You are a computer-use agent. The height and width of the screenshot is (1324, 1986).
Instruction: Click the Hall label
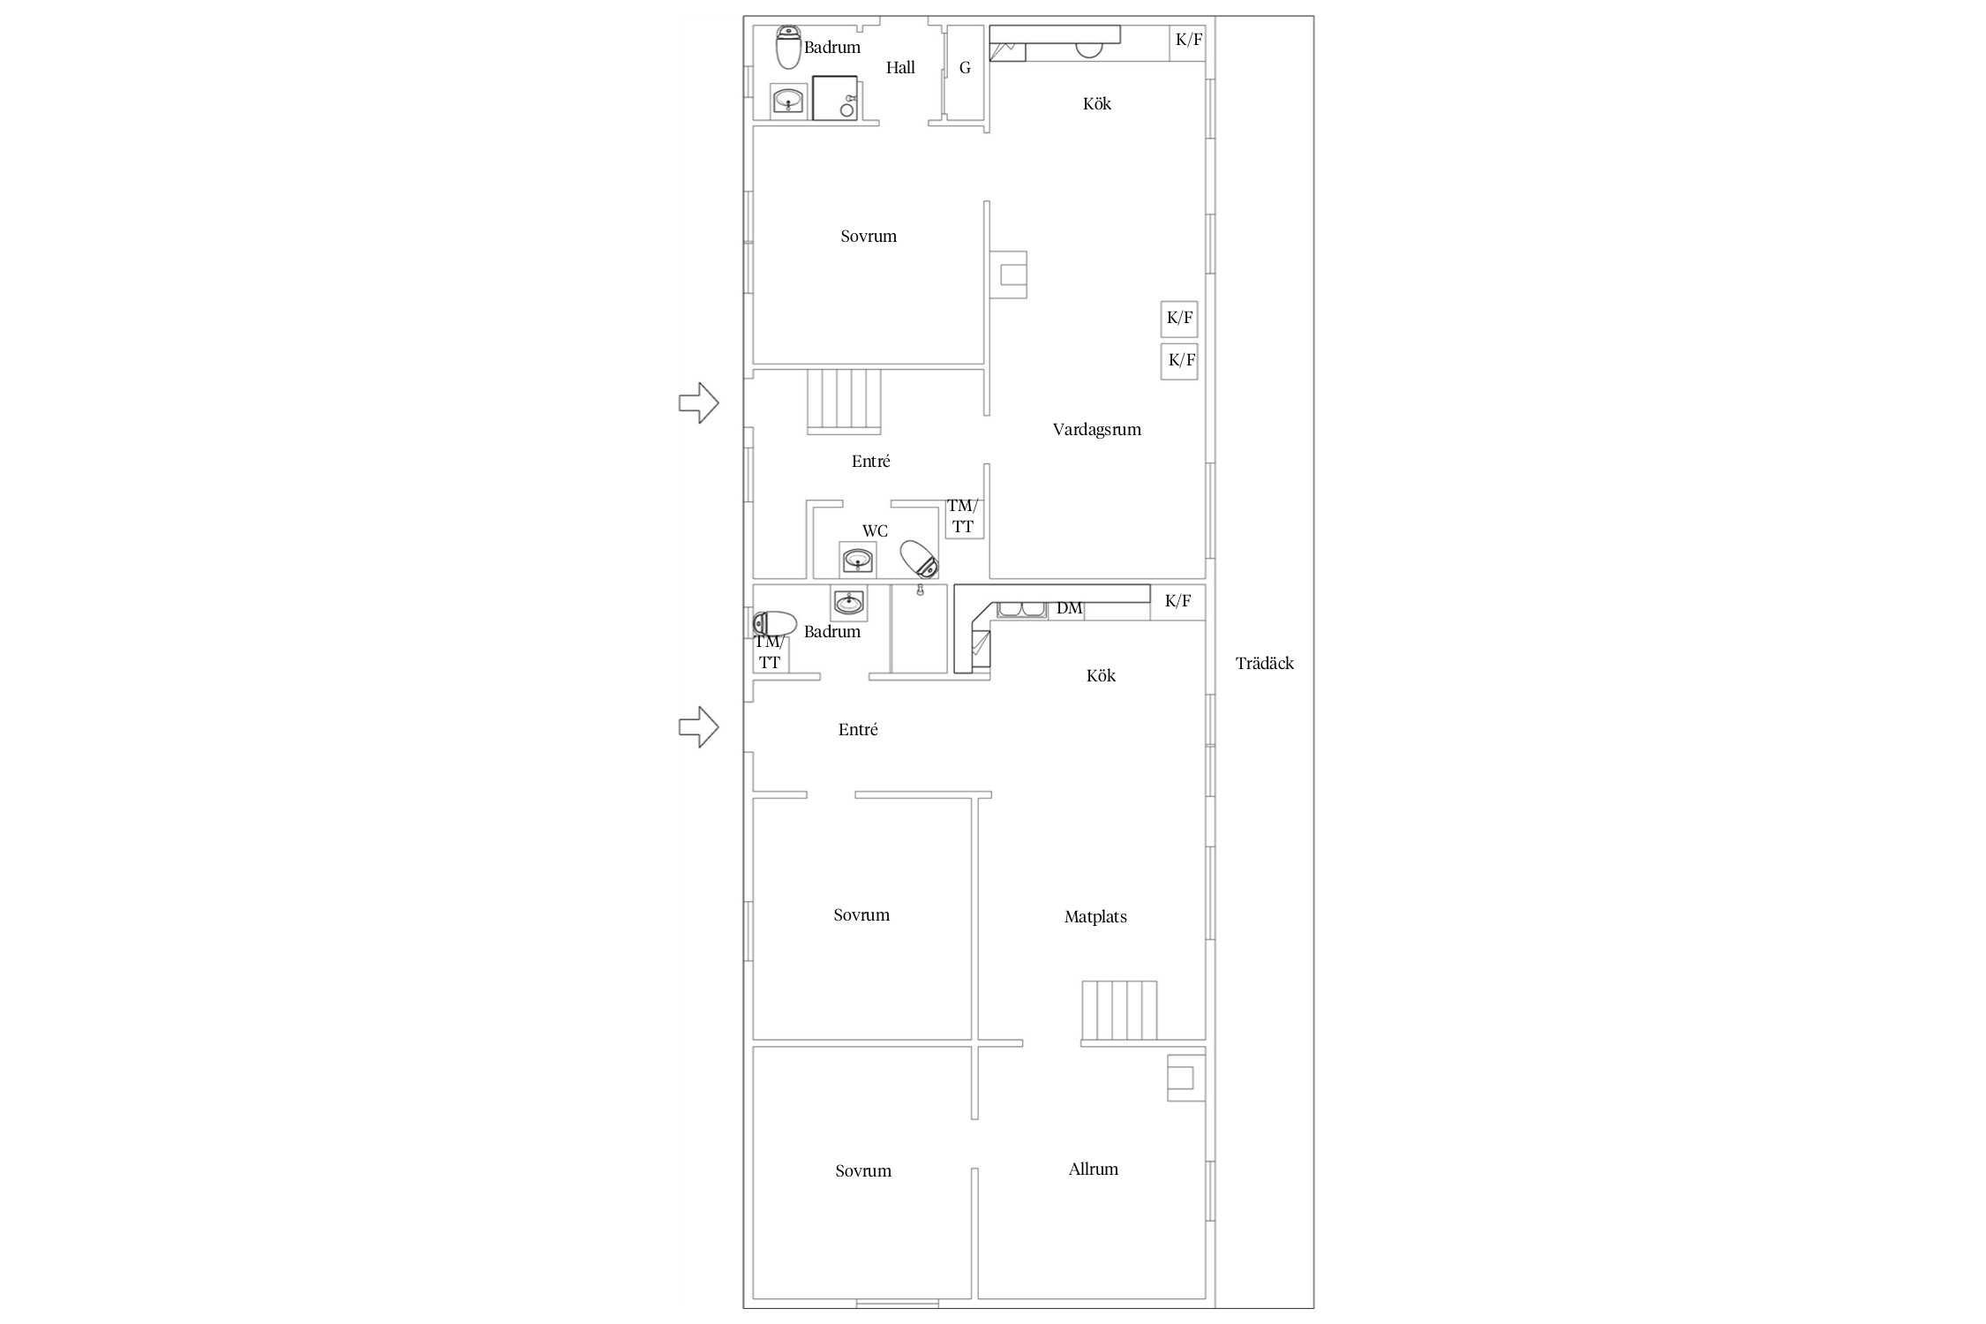click(x=900, y=68)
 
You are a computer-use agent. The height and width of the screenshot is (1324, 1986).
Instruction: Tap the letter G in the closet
click(x=965, y=68)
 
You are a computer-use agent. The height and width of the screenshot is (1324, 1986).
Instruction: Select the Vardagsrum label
click(x=1096, y=430)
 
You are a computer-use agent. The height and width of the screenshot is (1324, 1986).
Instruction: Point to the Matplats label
click(x=1095, y=917)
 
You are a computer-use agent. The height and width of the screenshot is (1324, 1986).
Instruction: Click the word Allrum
click(x=1094, y=1170)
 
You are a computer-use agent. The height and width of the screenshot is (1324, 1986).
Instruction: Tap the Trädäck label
click(x=1265, y=664)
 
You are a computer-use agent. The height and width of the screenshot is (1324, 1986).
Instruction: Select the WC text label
click(x=875, y=531)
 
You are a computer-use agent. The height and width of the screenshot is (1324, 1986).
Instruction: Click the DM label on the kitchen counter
click(x=1070, y=608)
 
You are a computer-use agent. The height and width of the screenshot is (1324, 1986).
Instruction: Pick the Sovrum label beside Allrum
click(x=863, y=1171)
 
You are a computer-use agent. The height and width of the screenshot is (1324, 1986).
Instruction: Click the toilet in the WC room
click(x=919, y=558)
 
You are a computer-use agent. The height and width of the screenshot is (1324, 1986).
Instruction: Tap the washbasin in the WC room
click(x=857, y=560)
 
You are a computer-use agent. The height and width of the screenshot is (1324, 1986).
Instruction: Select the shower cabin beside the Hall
click(x=835, y=98)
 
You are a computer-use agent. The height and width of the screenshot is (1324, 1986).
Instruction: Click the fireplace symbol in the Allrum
click(x=1186, y=1078)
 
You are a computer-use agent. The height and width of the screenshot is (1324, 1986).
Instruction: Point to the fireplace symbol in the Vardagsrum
click(x=1007, y=275)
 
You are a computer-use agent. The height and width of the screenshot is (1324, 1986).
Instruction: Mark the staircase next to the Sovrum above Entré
click(x=845, y=401)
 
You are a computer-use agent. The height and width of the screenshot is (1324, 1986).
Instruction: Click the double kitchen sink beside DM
click(x=1021, y=610)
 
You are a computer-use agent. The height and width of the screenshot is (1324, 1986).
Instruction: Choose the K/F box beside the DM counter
click(x=1178, y=602)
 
